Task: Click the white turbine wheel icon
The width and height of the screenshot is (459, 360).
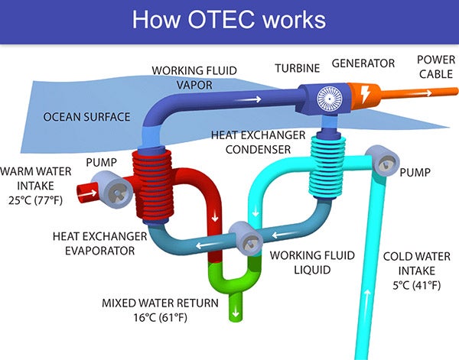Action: [330, 99]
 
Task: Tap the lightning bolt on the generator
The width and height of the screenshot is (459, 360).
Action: [365, 94]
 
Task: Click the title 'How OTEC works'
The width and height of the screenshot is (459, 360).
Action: [229, 20]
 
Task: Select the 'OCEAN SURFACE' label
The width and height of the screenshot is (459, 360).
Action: [86, 117]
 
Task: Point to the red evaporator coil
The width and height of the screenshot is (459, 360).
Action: [152, 186]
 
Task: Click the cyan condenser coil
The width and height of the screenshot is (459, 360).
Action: [327, 167]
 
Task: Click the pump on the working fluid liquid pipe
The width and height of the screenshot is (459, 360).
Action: [246, 238]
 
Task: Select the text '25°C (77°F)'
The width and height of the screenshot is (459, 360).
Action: [35, 200]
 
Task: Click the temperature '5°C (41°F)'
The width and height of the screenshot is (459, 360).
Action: [417, 285]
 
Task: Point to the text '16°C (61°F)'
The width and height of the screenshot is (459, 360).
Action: [160, 318]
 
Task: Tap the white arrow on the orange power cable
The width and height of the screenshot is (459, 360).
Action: [422, 93]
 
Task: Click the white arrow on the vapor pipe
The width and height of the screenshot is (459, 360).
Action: [248, 99]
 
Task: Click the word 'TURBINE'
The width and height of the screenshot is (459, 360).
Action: [298, 68]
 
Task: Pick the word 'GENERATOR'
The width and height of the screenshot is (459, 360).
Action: [363, 63]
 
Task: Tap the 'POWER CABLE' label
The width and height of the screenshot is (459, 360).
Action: [436, 67]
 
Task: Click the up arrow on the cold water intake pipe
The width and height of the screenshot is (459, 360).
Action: [366, 301]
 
